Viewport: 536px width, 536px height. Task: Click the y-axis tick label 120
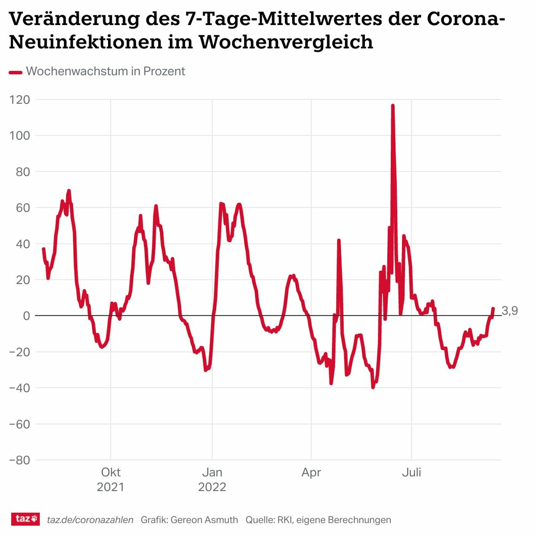coord(20,100)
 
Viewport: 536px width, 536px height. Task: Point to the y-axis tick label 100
coord(20,135)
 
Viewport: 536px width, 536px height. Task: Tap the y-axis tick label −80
coord(20,460)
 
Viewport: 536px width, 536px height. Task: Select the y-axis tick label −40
coord(20,388)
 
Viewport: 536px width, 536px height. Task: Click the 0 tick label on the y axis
coord(26,316)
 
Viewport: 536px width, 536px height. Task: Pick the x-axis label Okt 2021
coord(110,479)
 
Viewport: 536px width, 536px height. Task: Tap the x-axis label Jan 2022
coord(212,479)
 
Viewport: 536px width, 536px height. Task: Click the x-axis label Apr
coord(311,473)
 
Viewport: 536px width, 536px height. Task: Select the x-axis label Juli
coord(411,473)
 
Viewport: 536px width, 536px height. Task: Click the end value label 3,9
coord(510,311)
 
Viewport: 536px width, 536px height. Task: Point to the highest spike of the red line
coord(393,106)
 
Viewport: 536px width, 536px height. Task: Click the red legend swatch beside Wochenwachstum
coord(16,72)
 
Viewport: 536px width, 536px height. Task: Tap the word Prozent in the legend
coord(164,71)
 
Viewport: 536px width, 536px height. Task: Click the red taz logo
coord(25,519)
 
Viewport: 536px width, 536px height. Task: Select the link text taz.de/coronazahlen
coord(90,520)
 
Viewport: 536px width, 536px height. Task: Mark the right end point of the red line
coord(493,308)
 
